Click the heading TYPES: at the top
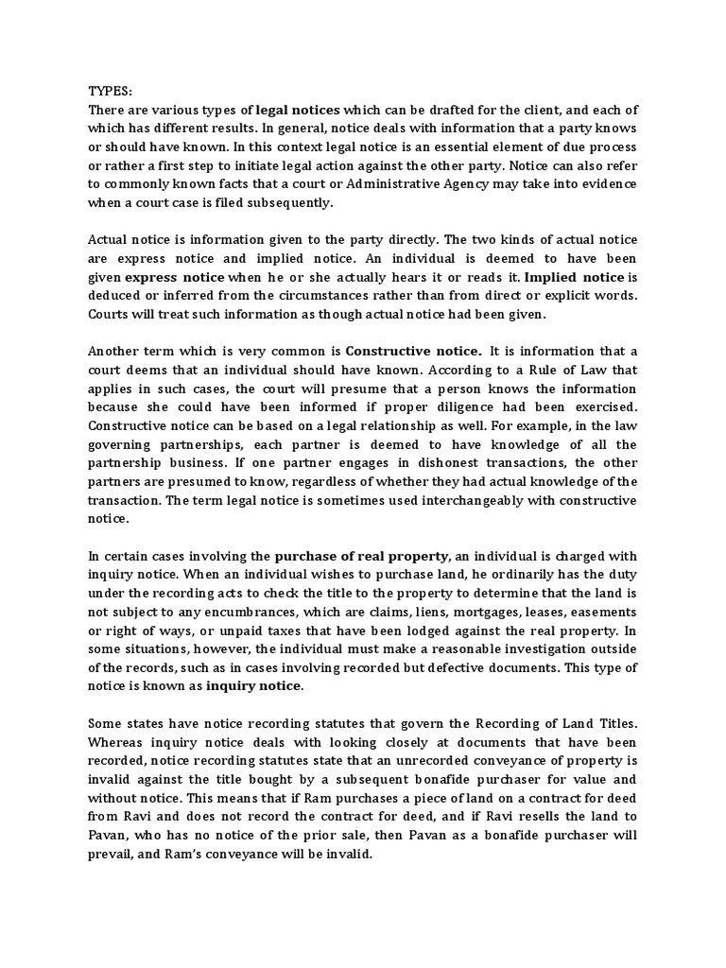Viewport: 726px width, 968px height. pos(111,92)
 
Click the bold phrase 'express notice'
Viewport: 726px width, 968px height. pos(174,277)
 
